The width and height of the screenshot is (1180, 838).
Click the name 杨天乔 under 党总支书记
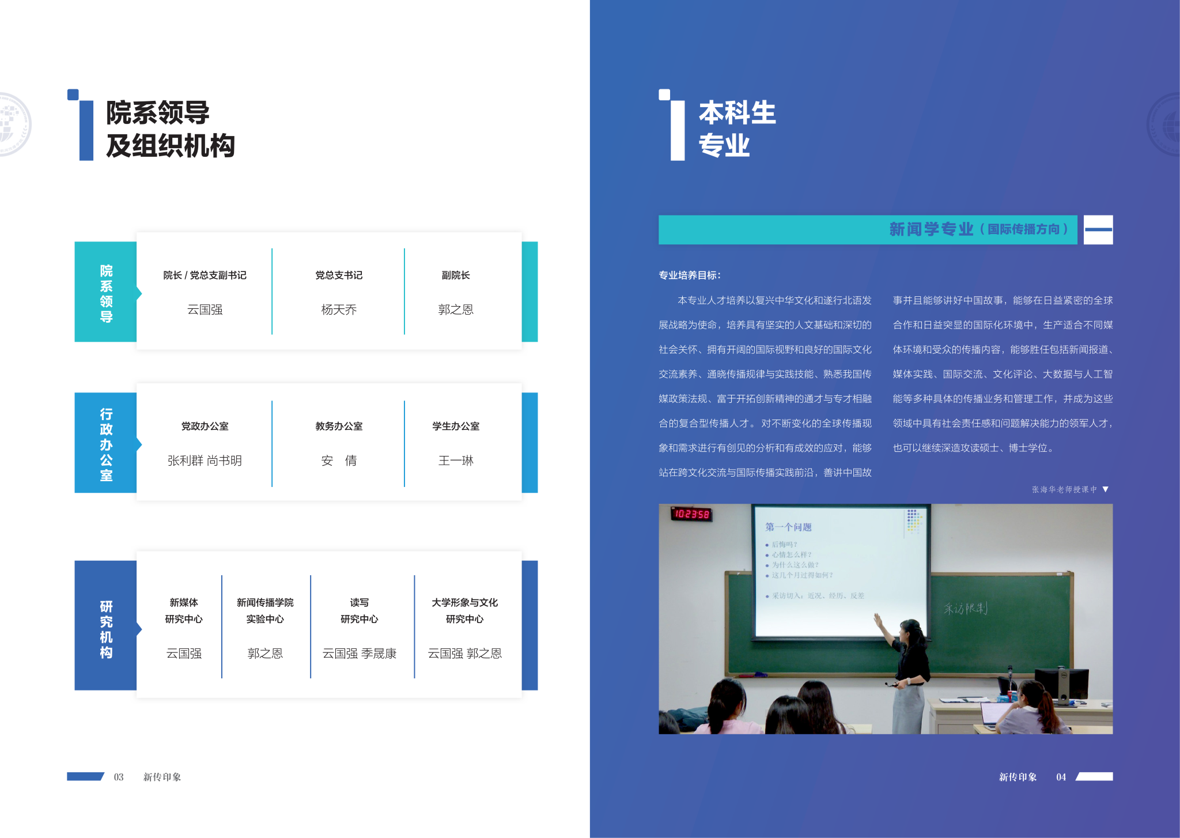(x=339, y=309)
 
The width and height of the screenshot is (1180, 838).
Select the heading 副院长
(x=456, y=275)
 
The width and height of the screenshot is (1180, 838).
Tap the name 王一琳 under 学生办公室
(x=456, y=460)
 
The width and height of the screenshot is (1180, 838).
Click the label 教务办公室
(x=339, y=426)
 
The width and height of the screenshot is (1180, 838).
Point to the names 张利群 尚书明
(x=205, y=460)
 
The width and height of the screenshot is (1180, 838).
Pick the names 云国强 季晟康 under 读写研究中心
(x=360, y=653)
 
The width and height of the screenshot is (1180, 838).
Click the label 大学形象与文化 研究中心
(x=465, y=610)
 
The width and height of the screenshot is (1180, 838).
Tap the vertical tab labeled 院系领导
(x=106, y=292)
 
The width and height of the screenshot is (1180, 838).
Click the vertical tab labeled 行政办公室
(x=106, y=443)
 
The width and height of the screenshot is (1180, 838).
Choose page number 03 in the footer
(x=119, y=777)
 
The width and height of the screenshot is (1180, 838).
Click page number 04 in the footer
(x=1061, y=777)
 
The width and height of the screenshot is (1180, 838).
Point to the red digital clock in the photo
(x=691, y=514)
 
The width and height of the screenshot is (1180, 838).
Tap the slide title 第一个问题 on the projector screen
(x=788, y=527)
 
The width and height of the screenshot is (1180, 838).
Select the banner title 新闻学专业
(x=931, y=229)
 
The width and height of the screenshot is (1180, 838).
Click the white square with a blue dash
(x=1098, y=229)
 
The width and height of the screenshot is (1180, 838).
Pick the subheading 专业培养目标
(x=690, y=275)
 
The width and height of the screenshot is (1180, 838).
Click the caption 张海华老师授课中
(x=1064, y=489)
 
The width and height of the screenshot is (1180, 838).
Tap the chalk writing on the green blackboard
(x=966, y=608)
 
